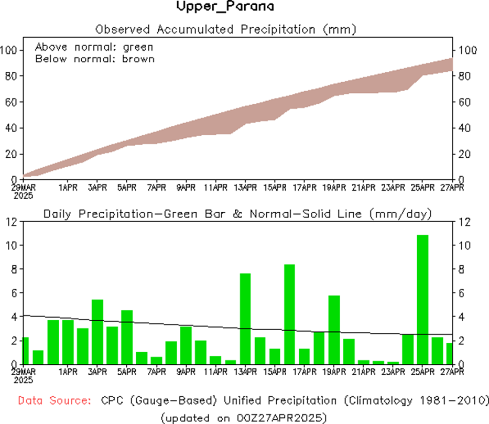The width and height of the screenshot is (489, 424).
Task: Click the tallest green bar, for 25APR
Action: pos(423,299)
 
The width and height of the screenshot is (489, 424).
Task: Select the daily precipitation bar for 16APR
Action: pos(290,314)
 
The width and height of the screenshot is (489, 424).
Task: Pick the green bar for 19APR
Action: pos(334,330)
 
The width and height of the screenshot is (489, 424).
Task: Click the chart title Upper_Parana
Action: pos(225,7)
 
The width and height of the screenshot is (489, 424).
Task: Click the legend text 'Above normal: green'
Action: pos(94,47)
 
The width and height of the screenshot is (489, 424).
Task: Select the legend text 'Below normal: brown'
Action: pos(95,59)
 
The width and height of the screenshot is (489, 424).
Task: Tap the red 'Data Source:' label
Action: pos(53,401)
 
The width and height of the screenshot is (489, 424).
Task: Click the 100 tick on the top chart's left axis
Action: pos(10,50)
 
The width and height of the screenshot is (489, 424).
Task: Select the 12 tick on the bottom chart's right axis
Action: pos(463,222)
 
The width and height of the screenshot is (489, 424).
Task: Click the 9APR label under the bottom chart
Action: pos(186,372)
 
